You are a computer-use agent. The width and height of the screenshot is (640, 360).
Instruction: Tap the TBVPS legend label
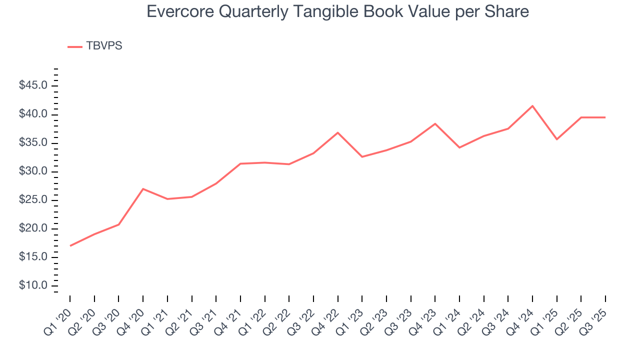pos(104,46)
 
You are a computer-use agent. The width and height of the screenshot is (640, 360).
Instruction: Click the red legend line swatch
pos(75,46)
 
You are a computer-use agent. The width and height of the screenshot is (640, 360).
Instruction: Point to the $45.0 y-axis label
pos(33,86)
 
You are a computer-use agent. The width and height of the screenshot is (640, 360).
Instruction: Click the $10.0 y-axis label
pos(33,286)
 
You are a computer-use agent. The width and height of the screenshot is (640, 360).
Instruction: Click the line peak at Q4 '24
pos(532,106)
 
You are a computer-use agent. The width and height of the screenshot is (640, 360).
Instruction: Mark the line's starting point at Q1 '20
pos(70,245)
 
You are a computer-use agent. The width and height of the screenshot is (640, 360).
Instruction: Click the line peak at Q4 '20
pos(143,189)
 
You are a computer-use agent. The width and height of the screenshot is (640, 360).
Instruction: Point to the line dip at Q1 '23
pos(362,157)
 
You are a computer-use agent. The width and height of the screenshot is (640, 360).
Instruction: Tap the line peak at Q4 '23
pos(435,123)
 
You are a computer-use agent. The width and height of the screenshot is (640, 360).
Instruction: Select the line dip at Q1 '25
pos(557,139)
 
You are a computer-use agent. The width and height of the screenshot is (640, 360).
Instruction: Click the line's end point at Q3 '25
pos(605,117)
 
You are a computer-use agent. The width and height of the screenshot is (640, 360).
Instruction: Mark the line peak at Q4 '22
pos(338,132)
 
